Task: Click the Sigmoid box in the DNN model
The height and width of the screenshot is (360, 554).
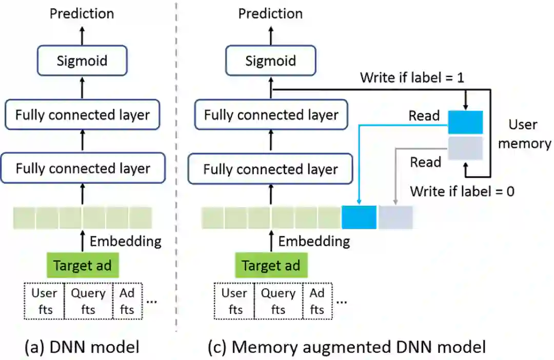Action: click(x=82, y=61)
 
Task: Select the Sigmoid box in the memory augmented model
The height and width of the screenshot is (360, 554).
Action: click(x=270, y=61)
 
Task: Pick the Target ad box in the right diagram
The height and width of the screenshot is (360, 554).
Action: click(x=271, y=266)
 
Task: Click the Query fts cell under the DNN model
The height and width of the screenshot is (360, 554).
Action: click(x=88, y=301)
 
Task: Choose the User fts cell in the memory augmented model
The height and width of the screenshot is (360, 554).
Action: click(x=234, y=301)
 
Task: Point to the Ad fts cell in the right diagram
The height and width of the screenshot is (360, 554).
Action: click(x=317, y=301)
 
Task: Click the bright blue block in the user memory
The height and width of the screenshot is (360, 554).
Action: click(x=465, y=122)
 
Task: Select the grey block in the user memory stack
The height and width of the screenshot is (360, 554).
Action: click(x=465, y=148)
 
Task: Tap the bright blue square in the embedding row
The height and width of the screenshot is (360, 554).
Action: click(x=359, y=217)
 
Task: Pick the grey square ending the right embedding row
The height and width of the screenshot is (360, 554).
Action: click(x=395, y=217)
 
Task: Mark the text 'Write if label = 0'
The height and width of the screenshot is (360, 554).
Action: click(x=462, y=191)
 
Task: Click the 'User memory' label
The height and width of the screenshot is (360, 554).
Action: click(x=524, y=134)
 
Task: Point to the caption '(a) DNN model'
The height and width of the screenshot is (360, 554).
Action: click(x=82, y=347)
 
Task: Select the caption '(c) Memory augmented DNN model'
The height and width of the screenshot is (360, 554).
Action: click(x=347, y=347)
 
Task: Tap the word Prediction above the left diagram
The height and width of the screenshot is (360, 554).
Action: click(x=82, y=13)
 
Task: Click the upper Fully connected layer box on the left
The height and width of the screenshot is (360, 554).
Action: click(x=82, y=114)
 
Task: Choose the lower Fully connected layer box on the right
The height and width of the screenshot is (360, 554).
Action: click(x=270, y=169)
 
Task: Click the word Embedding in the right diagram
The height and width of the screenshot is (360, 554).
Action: click(x=314, y=241)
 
